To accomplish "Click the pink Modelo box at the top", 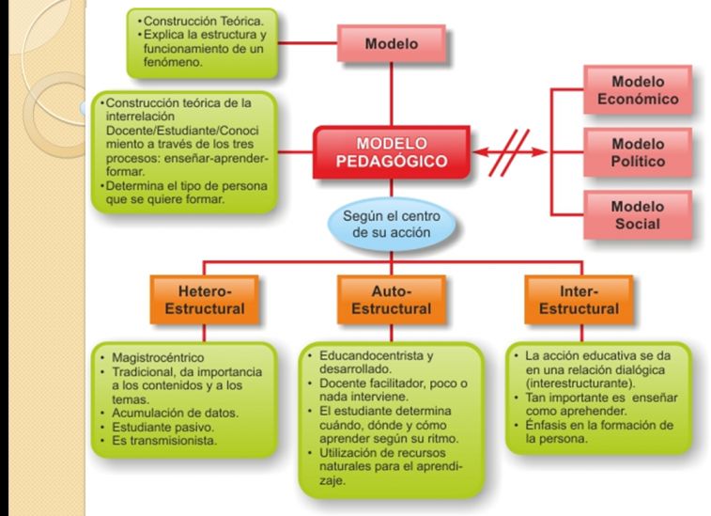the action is click(392, 43).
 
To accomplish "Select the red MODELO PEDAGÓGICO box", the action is click(392, 152).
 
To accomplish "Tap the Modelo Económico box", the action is click(638, 90).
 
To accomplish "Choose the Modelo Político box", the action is click(638, 152).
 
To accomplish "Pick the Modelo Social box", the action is click(638, 215).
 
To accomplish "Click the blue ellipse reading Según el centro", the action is click(392, 225).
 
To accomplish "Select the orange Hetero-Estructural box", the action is click(205, 300).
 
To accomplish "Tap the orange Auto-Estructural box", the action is click(392, 300).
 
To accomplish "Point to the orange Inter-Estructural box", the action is click(579, 300).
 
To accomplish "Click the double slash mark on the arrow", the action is click(509, 152).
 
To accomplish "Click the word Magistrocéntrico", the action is click(158, 357).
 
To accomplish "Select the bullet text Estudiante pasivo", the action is click(162, 427).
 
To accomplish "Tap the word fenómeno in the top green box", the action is click(173, 62).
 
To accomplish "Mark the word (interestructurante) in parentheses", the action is click(580, 383).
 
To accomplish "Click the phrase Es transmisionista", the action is click(164, 441).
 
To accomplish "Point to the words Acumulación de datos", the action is click(175, 413).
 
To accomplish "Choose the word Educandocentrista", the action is click(372, 355).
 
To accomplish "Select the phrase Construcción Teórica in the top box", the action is click(203, 21).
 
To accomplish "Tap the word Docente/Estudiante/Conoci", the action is click(182, 131).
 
